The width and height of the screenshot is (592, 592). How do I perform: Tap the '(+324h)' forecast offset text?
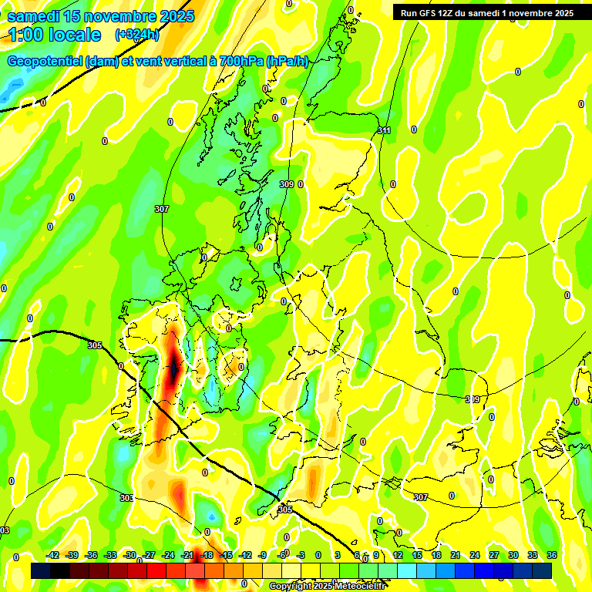pos(137,35)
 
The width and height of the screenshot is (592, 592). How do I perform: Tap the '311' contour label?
pos(384,130)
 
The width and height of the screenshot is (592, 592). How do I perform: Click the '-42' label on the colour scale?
pos(53,555)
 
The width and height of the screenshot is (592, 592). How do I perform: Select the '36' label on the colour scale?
pos(552,555)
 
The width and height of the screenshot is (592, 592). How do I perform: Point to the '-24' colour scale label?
pos(168,555)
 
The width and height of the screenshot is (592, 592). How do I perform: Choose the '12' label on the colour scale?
pos(398,555)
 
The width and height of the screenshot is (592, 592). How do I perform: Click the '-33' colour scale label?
pos(110,555)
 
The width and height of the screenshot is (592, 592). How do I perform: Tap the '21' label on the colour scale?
pos(456,555)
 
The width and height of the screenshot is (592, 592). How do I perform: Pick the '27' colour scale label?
pos(494,555)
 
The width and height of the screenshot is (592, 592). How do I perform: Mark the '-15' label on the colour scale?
pos(226,555)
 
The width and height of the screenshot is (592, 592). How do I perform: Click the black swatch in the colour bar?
pos(41,570)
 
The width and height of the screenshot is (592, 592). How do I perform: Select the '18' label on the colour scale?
pos(436,555)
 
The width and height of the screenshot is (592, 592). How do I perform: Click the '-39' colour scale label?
pos(72,555)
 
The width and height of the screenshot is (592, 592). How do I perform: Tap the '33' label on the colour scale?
pos(533,555)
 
